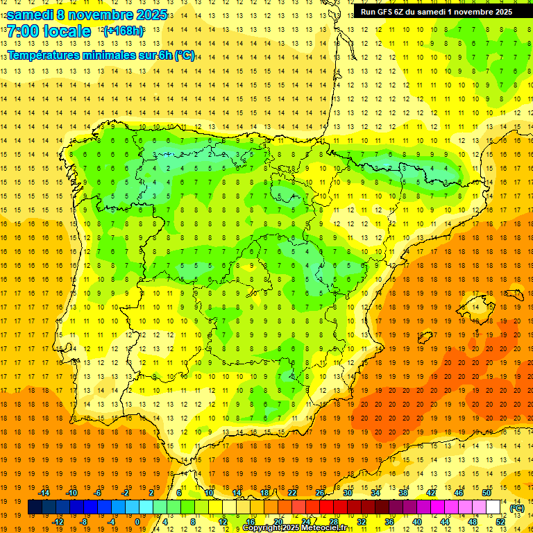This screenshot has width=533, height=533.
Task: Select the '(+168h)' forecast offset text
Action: pos(123,31)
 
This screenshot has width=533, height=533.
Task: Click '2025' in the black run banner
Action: pos(499,12)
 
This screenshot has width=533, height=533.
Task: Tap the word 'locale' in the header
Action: pos(67,31)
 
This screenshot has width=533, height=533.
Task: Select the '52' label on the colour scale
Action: pos(500,522)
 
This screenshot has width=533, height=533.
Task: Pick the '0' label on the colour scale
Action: pos(137,522)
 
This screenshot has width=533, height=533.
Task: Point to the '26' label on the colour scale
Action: pos(320,493)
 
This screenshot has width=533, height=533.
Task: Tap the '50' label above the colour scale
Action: pos(487,493)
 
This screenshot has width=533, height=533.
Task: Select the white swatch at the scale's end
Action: pos(493,507)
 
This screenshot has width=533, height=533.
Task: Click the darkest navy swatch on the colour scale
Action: pos(35,507)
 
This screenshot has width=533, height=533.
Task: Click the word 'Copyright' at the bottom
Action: pos(264,529)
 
